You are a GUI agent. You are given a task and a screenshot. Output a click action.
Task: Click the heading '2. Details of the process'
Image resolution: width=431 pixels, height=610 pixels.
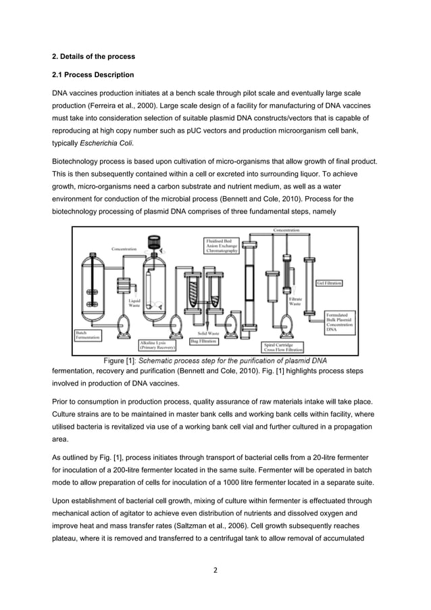coord(94,55)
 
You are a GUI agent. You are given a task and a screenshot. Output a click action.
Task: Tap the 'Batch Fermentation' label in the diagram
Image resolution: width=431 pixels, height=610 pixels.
coord(87,335)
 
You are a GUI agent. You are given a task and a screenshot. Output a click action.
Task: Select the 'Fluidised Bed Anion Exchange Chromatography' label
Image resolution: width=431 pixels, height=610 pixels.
coord(223,245)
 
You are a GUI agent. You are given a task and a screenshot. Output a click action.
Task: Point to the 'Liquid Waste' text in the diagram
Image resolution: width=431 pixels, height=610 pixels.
coord(134,303)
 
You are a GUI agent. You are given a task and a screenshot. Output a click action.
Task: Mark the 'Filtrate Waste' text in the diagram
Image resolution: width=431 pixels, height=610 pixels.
coord(295,302)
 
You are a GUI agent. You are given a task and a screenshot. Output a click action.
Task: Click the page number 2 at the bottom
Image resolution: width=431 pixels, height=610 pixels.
coord(215,569)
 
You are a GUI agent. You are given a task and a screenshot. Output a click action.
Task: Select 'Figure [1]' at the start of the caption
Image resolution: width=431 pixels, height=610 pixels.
coord(120,360)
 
